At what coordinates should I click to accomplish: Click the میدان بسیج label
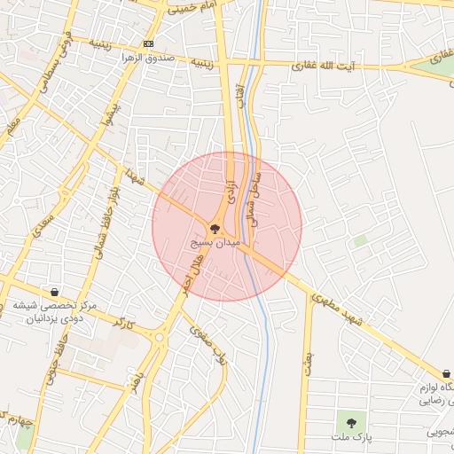(215, 241)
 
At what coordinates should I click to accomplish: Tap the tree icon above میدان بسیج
(215, 228)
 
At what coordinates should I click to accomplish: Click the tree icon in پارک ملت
(351, 422)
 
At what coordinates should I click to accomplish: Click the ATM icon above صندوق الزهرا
(147, 43)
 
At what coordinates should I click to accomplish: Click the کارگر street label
(124, 322)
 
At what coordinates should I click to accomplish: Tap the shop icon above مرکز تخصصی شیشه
(55, 291)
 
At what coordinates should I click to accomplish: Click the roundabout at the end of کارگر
(160, 337)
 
